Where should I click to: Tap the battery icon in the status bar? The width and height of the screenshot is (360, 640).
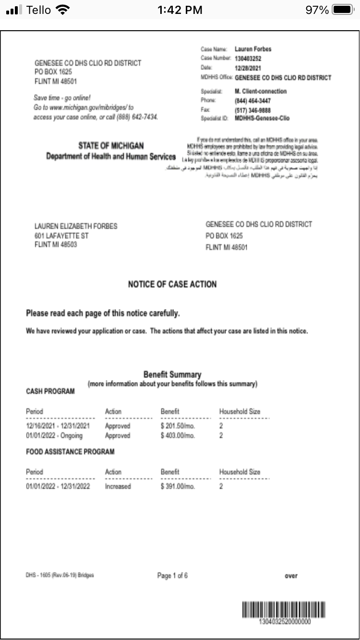click(x=342, y=10)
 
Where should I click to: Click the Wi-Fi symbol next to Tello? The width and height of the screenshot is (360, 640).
click(x=63, y=10)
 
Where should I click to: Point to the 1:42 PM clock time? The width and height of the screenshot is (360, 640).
click(x=180, y=10)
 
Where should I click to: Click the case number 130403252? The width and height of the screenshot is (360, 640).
click(x=248, y=59)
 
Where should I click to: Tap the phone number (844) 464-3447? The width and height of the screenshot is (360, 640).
click(x=252, y=101)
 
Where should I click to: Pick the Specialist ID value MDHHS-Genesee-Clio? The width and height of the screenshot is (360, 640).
click(x=262, y=118)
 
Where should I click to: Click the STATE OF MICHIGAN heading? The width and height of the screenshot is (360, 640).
click(x=111, y=145)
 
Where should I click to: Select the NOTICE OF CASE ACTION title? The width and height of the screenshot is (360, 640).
click(x=172, y=284)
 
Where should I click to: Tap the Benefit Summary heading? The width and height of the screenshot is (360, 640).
click(x=172, y=374)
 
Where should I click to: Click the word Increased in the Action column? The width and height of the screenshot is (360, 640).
click(x=118, y=486)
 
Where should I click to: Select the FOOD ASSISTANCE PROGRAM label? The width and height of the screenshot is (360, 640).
click(x=70, y=451)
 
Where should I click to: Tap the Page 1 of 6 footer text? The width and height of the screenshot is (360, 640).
click(x=172, y=576)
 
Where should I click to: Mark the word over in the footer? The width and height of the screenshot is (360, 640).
click(x=291, y=576)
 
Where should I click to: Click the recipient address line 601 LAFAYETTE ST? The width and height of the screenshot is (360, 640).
click(x=61, y=236)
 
